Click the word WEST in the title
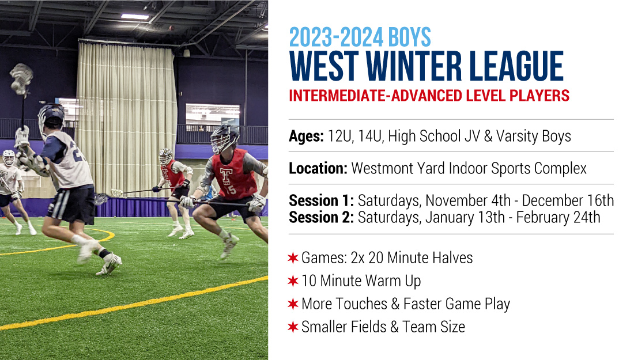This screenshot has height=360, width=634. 323,66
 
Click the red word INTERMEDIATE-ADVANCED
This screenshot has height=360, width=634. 375,96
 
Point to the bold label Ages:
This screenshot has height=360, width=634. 306,137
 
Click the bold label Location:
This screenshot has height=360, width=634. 318,168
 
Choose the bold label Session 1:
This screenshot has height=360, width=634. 322,200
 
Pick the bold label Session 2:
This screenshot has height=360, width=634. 322,217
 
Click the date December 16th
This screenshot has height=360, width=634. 568,200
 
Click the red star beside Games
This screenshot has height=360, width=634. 293,258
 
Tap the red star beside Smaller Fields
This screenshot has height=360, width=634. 293,327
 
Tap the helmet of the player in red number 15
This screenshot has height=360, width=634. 224,138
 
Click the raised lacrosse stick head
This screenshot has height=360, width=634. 21,79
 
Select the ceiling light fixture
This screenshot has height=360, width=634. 135,17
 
